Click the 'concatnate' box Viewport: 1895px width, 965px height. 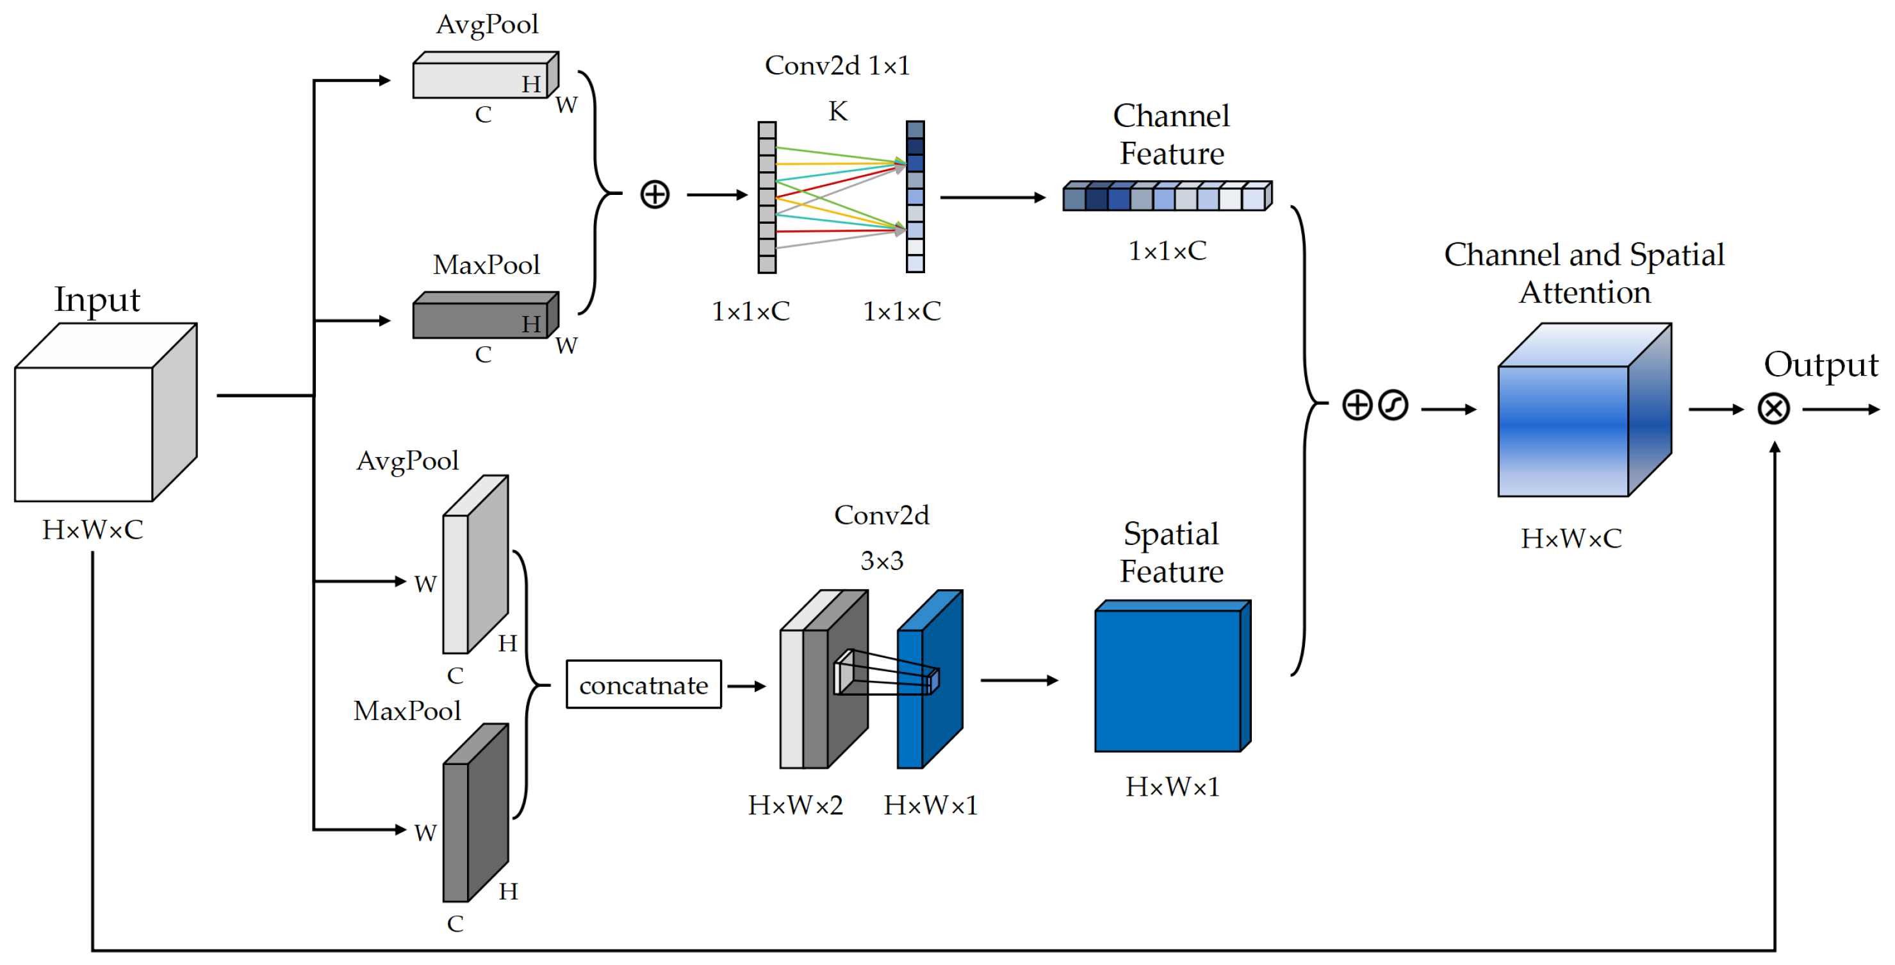tap(644, 685)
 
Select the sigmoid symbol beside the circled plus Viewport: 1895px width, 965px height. tap(1393, 405)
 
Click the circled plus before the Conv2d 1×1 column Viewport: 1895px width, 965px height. tap(655, 195)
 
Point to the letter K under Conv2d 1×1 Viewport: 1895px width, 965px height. tap(838, 112)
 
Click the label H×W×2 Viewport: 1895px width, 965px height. tap(795, 805)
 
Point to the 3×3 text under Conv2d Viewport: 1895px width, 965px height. tap(882, 562)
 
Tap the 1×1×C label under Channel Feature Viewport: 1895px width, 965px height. tap(1167, 251)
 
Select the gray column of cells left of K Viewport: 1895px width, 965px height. tap(767, 197)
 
